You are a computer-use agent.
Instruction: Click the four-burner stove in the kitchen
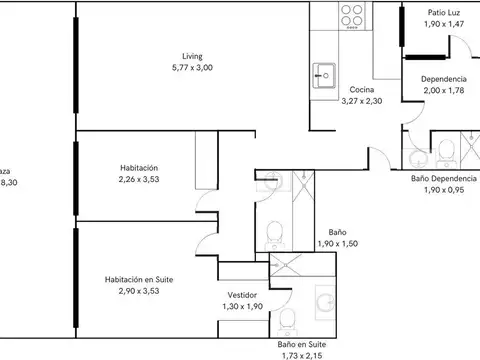352,18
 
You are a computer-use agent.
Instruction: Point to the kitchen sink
323,73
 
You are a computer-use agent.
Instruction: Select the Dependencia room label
442,79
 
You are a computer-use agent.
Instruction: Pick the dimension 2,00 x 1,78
442,91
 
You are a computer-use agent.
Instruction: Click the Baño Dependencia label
444,178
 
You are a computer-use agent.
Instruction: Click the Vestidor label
243,295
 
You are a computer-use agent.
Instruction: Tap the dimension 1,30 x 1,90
243,307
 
